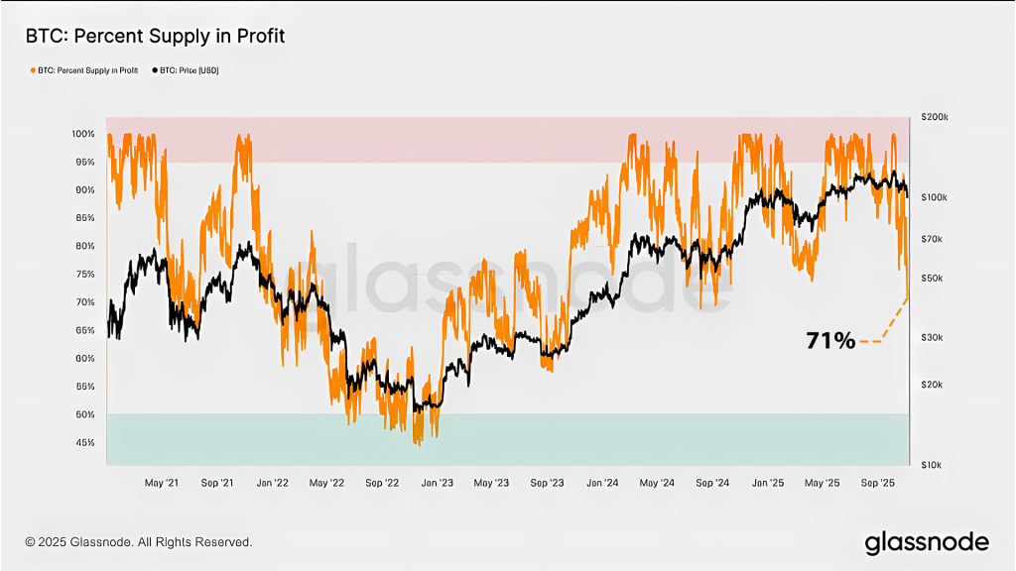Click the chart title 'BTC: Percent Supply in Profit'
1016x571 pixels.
156,37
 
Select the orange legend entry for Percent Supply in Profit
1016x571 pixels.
85,70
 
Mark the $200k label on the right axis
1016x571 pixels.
934,117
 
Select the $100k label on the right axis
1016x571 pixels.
934,197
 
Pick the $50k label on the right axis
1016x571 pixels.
932,278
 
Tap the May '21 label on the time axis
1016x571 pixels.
162,483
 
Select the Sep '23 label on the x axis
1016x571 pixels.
547,483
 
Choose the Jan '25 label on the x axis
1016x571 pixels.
768,483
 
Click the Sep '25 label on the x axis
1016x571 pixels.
878,483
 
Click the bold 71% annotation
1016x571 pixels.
830,341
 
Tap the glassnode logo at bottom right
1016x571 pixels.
927,542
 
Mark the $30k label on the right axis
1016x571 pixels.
932,338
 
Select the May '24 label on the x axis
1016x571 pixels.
657,483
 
